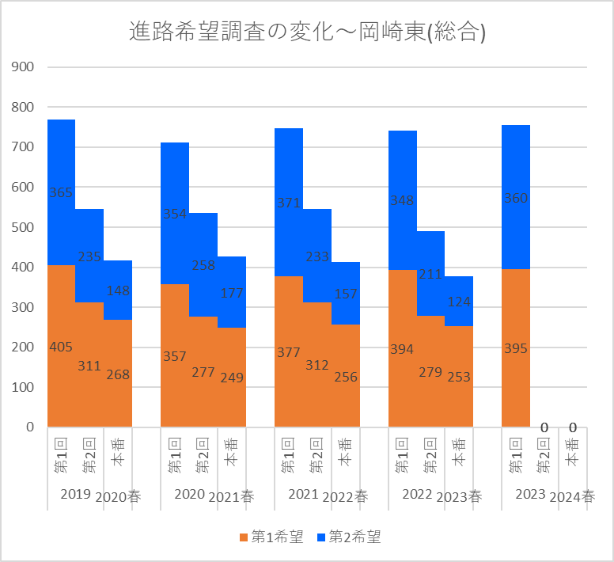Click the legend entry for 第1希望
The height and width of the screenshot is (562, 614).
click(271, 537)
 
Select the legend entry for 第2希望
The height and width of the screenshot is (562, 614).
click(348, 537)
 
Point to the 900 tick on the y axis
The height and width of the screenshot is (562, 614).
click(24, 66)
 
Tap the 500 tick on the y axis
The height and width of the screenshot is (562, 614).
click(24, 227)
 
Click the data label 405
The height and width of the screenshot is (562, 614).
click(61, 347)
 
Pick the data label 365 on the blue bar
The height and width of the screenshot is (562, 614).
click(61, 192)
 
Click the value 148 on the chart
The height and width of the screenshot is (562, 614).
click(118, 290)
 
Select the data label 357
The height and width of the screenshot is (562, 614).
click(175, 356)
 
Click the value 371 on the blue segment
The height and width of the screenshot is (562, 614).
click(289, 203)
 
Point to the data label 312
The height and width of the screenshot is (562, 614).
click(317, 365)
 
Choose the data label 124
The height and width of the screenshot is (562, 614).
click(459, 302)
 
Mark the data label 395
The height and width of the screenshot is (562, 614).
click(516, 348)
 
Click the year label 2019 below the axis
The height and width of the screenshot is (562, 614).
click(75, 495)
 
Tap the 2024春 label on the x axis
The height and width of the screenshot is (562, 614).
click(572, 497)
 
